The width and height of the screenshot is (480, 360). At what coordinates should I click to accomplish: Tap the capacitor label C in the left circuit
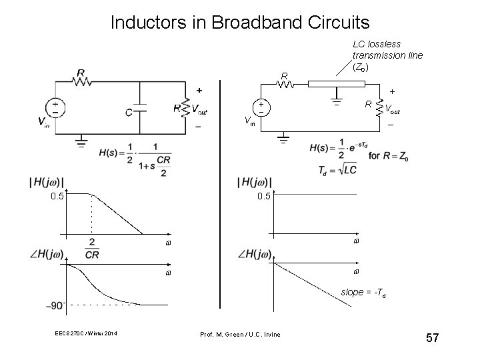click(129, 113)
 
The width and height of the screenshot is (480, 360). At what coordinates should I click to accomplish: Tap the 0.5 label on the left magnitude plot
click(57, 196)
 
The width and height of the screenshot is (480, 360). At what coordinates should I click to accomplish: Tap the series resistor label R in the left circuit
click(80, 72)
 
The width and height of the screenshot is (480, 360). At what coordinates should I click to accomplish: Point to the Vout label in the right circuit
click(393, 109)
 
